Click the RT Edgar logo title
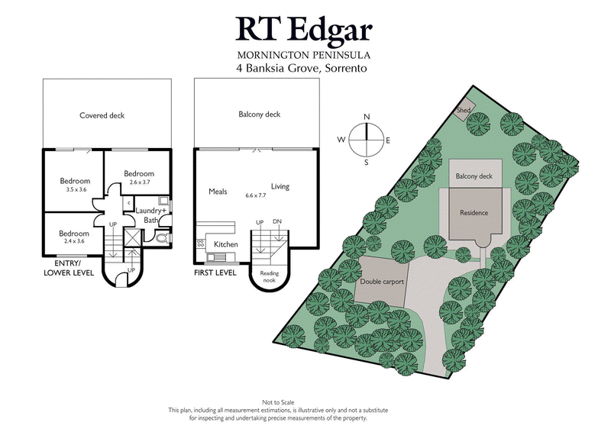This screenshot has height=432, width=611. pyautogui.click(x=304, y=28)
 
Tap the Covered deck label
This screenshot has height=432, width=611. pyautogui.click(x=102, y=116)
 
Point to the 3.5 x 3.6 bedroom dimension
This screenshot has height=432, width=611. pyautogui.click(x=75, y=189)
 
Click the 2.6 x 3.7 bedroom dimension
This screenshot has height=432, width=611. pyautogui.click(x=138, y=182)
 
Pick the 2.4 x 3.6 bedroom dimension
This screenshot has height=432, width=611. pyautogui.click(x=75, y=241)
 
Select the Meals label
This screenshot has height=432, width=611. pyautogui.click(x=218, y=192)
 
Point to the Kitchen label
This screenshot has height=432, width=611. pyautogui.click(x=225, y=244)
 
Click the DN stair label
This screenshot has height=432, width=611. pyautogui.click(x=276, y=221)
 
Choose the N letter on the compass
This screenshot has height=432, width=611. pyautogui.click(x=367, y=117)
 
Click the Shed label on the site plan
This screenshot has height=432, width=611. pyautogui.click(x=464, y=111)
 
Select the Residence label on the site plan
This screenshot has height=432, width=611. pyautogui.click(x=474, y=213)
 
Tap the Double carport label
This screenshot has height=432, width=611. pyautogui.click(x=381, y=281)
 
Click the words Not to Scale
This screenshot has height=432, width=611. pyautogui.click(x=305, y=402)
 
